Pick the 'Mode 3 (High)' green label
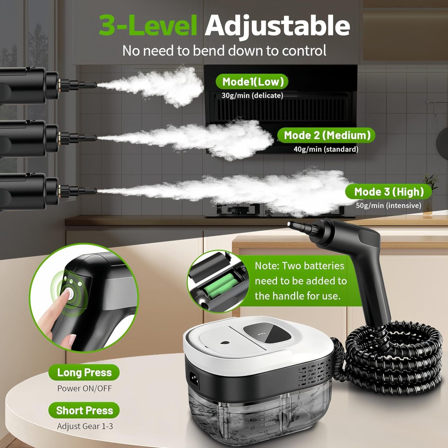coord(389,192)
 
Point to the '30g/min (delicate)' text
coord(252,95)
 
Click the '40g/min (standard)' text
coord(326,149)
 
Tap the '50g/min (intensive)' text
coord(388,206)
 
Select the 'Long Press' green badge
coord(84,372)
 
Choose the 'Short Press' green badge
coord(84,410)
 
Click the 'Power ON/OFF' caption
coord(84,388)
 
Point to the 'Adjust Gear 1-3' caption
coord(85,426)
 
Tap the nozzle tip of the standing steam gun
coord(290,224)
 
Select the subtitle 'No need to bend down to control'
coord(224,51)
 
